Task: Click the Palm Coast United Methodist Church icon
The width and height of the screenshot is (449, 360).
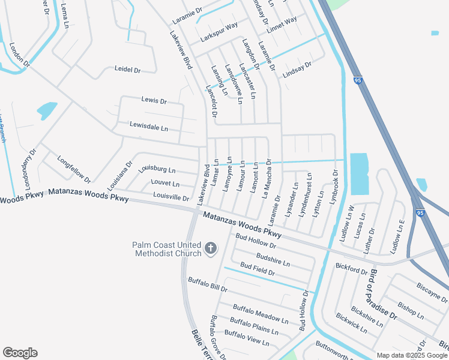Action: point(210,248)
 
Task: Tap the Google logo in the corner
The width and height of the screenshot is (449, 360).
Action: point(20,353)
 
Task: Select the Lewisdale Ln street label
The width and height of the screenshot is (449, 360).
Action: point(149,127)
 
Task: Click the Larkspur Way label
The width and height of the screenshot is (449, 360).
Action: point(219,31)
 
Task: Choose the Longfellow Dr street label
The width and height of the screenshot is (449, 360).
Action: point(73,169)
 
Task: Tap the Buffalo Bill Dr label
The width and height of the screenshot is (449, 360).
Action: point(208,284)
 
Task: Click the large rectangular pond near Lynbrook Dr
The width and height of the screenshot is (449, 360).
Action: point(358,173)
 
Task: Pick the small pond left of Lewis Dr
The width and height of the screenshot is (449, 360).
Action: point(46,110)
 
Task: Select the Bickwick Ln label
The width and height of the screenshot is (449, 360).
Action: point(351,322)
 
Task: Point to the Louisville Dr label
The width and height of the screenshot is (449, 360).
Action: point(171,197)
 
